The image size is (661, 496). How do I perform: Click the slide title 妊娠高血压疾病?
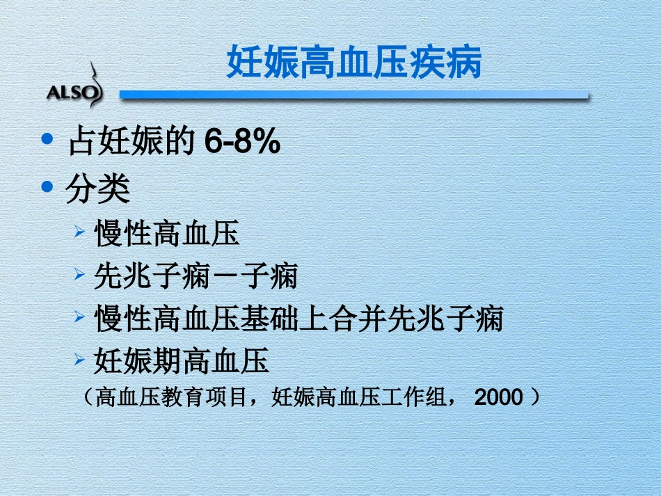click(x=354, y=63)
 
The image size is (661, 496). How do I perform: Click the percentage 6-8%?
click(x=242, y=144)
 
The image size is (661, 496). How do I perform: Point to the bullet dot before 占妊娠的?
click(x=47, y=139)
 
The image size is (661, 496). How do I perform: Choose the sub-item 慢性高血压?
click(x=167, y=234)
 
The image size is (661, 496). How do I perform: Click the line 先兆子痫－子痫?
click(x=196, y=277)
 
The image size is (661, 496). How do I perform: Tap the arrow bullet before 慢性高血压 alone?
click(x=80, y=231)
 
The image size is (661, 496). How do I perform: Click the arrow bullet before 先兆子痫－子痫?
click(x=80, y=274)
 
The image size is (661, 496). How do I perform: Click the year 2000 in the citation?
click(x=497, y=397)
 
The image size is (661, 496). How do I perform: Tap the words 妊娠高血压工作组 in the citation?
click(x=358, y=397)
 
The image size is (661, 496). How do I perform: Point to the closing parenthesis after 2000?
click(x=535, y=397)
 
